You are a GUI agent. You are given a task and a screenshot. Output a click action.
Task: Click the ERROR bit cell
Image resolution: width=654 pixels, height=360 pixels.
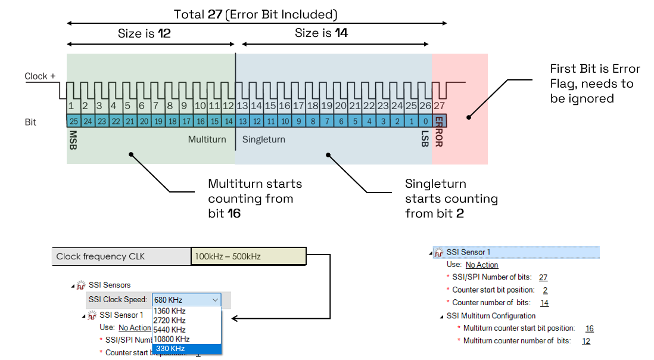pyautogui.click(x=439, y=121)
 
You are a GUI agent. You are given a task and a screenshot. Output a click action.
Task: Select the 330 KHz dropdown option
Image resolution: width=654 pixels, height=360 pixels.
pyautogui.click(x=170, y=349)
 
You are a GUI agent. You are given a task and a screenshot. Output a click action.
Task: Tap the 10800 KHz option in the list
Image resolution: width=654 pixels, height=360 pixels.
pyautogui.click(x=173, y=339)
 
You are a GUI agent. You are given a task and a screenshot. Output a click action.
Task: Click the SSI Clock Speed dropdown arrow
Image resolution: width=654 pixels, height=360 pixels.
pyautogui.click(x=215, y=300)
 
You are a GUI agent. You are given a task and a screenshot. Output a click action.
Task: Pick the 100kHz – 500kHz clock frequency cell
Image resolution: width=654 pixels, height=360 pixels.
pyautogui.click(x=248, y=256)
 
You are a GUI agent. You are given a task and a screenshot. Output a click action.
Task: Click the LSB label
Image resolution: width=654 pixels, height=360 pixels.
pyautogui.click(x=425, y=139)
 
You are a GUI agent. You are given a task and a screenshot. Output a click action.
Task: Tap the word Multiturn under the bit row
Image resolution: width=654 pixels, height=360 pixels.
pyautogui.click(x=207, y=139)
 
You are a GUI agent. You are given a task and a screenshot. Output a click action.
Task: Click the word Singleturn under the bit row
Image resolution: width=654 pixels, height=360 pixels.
pyautogui.click(x=263, y=139)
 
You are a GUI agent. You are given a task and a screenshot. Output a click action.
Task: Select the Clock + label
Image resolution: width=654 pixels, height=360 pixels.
pyautogui.click(x=40, y=76)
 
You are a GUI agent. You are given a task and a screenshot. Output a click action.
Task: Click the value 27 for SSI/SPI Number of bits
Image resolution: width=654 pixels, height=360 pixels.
pyautogui.click(x=543, y=277)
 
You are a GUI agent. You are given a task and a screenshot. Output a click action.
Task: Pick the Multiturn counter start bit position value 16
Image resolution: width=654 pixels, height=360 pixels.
pyautogui.click(x=589, y=328)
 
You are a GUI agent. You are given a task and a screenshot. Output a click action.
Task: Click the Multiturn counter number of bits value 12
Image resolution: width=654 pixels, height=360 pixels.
pyautogui.click(x=586, y=341)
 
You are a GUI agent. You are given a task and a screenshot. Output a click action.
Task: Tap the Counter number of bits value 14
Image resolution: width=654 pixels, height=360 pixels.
pyautogui.click(x=544, y=303)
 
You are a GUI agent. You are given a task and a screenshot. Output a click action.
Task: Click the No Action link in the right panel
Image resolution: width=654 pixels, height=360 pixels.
pyautogui.click(x=482, y=265)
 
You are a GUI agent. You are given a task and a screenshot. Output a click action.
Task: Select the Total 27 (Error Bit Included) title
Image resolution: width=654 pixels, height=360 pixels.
pyautogui.click(x=256, y=14)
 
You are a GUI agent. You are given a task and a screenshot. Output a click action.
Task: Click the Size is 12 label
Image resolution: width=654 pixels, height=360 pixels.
pyautogui.click(x=144, y=33)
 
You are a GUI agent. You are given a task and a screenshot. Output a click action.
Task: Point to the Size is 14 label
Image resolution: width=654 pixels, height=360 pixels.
pyautogui.click(x=321, y=33)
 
